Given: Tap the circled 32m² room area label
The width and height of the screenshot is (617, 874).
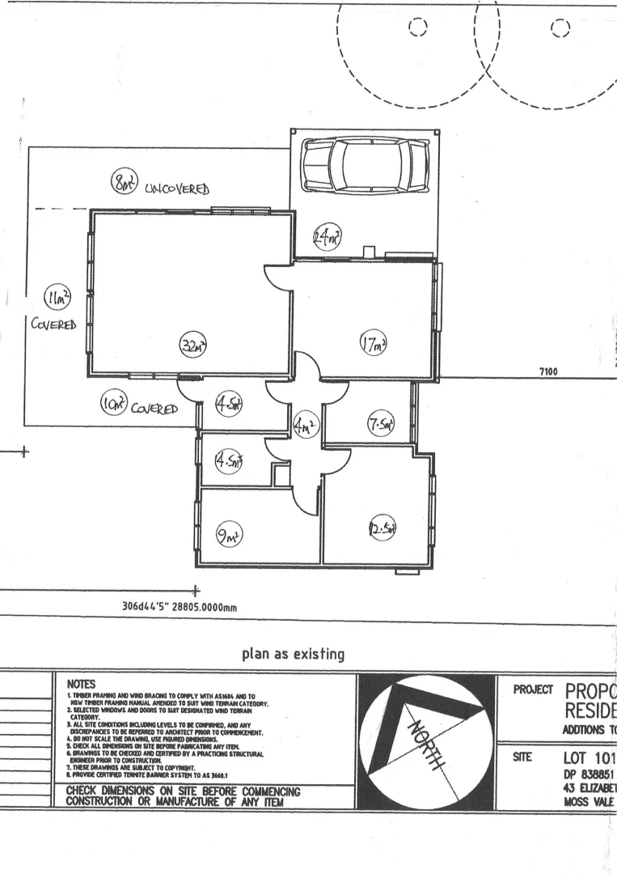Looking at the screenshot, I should tap(192, 346).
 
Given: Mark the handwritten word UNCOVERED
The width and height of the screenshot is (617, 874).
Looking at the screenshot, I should tap(179, 189).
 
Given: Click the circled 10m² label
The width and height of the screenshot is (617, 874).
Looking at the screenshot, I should tap(109, 403).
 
